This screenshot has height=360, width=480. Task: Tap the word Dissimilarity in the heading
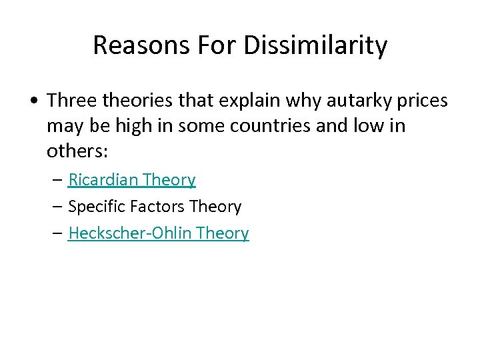click(315, 46)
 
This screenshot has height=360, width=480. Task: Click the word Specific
click(93, 207)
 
